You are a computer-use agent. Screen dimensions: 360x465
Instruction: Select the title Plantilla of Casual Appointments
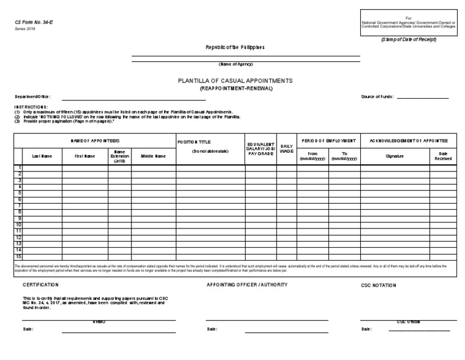(235, 80)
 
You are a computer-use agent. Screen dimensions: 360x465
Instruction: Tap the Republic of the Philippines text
(235, 47)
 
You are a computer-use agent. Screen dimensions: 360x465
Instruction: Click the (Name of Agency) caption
(236, 64)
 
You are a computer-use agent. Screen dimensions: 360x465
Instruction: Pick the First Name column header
(85, 156)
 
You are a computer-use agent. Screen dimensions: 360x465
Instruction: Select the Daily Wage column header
(286, 148)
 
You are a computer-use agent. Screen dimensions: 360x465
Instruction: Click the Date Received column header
(443, 156)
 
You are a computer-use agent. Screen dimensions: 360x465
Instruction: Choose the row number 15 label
(19, 256)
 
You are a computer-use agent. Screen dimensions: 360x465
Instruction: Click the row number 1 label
(20, 167)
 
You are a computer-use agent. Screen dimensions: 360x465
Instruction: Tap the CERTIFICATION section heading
(41, 284)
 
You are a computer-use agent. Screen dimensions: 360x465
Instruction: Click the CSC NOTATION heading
(378, 285)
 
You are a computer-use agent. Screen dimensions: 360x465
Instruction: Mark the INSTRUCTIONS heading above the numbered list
(31, 107)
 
